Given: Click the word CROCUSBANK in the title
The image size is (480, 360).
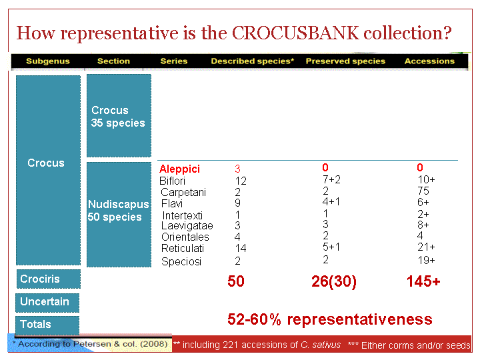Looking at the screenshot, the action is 295,33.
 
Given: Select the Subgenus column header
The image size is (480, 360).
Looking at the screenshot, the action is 48,61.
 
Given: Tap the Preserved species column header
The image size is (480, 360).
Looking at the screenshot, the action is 345,61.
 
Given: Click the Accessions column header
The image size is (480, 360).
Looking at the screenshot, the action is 429,61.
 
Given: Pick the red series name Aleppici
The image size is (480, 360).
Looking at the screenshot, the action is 180,169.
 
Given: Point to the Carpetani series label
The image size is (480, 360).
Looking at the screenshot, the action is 183,192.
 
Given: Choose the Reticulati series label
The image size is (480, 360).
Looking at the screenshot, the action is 183,248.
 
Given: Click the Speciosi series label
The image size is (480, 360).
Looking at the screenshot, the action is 181,261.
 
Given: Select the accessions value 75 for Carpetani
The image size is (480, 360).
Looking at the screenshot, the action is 423,191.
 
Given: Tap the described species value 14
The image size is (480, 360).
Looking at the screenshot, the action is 241,248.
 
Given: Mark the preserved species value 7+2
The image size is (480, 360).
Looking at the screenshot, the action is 331,179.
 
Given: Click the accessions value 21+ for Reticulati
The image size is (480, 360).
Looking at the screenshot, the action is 426,247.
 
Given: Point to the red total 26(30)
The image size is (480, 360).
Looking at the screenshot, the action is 334,281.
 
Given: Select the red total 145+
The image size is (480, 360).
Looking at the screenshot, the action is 423,281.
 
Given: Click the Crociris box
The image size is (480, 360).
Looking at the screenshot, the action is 49,279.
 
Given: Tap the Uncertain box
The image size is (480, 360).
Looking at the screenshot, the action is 47,303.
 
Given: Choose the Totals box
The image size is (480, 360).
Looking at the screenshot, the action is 47,325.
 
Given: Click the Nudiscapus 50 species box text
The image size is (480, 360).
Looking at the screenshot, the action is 118,211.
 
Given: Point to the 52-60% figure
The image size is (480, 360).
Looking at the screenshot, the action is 255,319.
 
